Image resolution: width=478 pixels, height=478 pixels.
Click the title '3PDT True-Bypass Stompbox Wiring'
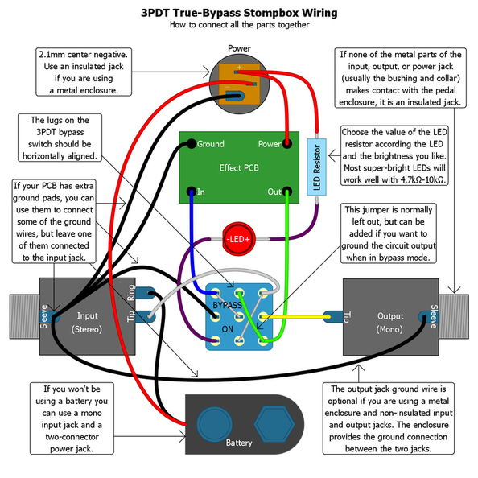(239, 13)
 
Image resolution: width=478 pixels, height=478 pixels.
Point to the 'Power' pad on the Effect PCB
(286, 144)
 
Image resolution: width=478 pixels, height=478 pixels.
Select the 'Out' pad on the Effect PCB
(286, 192)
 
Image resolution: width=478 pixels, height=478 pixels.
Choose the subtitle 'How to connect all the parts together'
(239, 26)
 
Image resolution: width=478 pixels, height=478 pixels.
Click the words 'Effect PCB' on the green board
(239, 168)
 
